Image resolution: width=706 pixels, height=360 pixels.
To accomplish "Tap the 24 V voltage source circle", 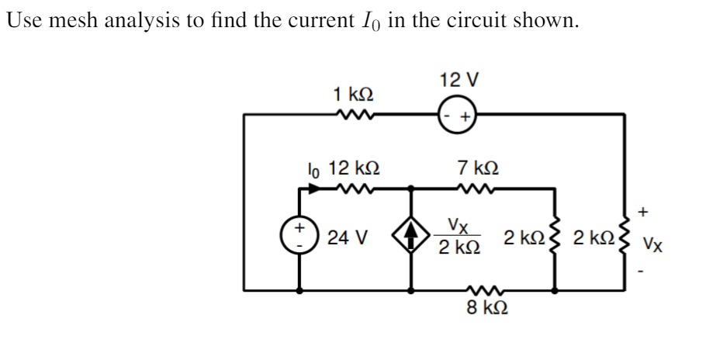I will pos(299,238).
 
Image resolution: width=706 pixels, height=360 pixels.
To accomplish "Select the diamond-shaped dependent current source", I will pos(410,238).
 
